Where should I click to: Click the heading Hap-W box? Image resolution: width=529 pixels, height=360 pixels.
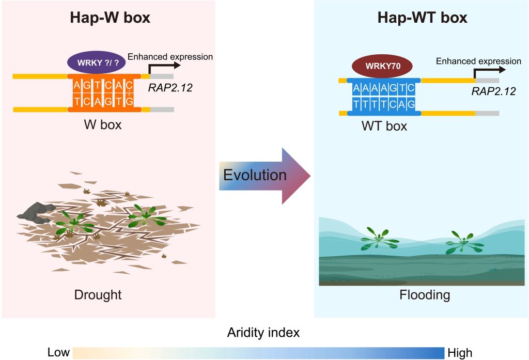[x=110, y=18]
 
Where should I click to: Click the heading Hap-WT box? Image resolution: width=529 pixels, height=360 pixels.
[x=423, y=18]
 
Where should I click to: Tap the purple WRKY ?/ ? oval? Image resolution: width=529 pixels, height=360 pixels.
[x=97, y=62]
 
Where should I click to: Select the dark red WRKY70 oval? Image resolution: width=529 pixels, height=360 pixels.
[x=382, y=66]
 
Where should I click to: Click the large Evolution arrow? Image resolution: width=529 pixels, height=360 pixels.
[x=264, y=176]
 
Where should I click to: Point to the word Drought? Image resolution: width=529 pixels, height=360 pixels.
[x=98, y=295]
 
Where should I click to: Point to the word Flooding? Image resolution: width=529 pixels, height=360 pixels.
[x=425, y=295]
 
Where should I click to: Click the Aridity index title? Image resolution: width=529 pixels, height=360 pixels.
[x=263, y=333]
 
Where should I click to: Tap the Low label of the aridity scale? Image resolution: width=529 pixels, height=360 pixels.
[x=58, y=352]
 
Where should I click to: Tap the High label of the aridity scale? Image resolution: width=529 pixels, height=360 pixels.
[x=460, y=353]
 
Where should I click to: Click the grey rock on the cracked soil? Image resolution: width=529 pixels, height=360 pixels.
[x=36, y=212]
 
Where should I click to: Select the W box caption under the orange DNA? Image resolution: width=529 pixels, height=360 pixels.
[x=103, y=125]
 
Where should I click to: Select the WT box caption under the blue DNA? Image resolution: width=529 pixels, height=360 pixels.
[x=384, y=126]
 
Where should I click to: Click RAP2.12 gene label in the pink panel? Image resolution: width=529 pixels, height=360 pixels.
[x=170, y=88]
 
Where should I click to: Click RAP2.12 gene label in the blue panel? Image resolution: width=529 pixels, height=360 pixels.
[x=493, y=91]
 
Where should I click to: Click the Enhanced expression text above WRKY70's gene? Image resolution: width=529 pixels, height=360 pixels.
[x=478, y=61]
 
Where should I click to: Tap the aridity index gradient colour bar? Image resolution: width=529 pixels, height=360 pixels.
[x=258, y=353]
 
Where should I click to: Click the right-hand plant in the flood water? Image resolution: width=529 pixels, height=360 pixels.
[x=464, y=242]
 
